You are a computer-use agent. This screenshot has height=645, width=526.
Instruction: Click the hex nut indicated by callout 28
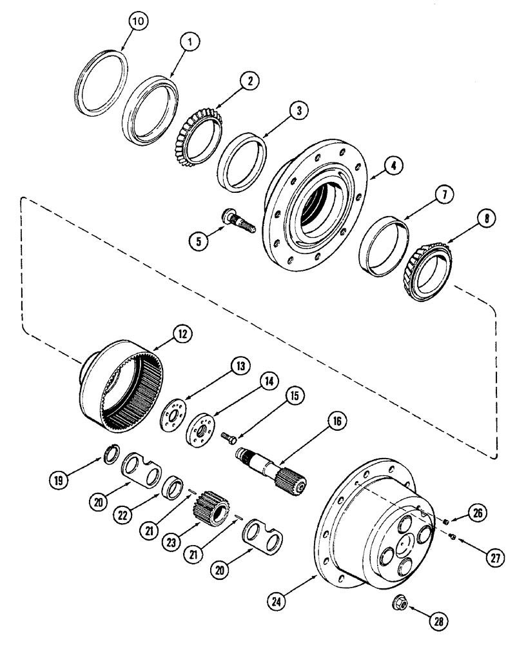point(402,604)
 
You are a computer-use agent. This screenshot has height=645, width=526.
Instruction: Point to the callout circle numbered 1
point(190,41)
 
